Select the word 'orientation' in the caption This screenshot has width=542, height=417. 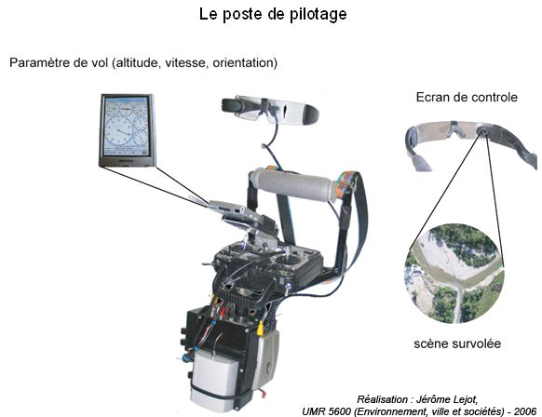pyautogui.click(x=243, y=62)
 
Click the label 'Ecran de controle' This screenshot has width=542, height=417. pyautogui.click(x=467, y=97)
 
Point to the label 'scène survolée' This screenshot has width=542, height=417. pyautogui.click(x=457, y=343)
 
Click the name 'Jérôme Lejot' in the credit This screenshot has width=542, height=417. pyautogui.click(x=447, y=399)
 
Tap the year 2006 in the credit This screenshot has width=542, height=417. pyautogui.click(x=525, y=411)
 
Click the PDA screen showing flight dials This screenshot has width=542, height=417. pyautogui.click(x=128, y=126)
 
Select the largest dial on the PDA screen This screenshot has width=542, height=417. pyautogui.click(x=119, y=131)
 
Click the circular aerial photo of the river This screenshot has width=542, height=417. pyautogui.click(x=454, y=274)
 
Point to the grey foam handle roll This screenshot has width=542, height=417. pyautogui.click(x=293, y=184)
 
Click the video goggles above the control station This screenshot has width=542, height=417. pyautogui.click(x=270, y=109)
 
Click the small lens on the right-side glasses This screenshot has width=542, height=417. pyautogui.click(x=481, y=131)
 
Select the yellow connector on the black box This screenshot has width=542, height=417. pyautogui.click(x=260, y=329)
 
